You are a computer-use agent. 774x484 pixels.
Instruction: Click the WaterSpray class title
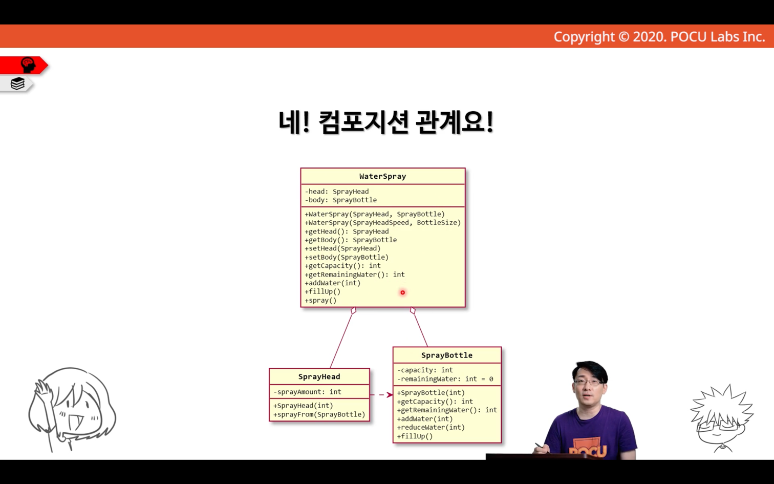pos(382,176)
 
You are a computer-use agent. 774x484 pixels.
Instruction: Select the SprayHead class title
pos(319,376)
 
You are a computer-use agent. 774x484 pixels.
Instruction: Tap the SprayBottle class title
pos(446,355)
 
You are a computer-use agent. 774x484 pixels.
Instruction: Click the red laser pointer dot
pos(402,292)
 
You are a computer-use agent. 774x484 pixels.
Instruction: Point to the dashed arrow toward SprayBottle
pos(381,395)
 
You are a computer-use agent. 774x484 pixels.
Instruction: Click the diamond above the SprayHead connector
pos(353,310)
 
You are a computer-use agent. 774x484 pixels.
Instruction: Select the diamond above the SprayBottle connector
pos(413,310)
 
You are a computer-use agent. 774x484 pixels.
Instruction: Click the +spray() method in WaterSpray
pos(320,301)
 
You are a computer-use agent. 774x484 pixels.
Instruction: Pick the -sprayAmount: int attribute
pos(307,392)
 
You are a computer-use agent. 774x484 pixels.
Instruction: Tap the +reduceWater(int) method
pos(431,427)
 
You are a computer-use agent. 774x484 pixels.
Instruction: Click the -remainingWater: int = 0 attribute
pos(445,379)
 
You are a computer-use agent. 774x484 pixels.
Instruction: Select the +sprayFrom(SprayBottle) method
pos(319,414)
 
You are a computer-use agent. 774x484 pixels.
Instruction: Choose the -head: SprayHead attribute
pos(336,191)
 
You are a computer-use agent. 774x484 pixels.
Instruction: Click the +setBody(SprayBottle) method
pos(347,257)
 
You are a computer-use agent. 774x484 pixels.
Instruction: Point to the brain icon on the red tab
pos(28,65)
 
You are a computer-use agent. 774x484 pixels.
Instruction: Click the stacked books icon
pos(17,83)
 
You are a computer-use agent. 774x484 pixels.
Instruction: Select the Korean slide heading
pos(386,122)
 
